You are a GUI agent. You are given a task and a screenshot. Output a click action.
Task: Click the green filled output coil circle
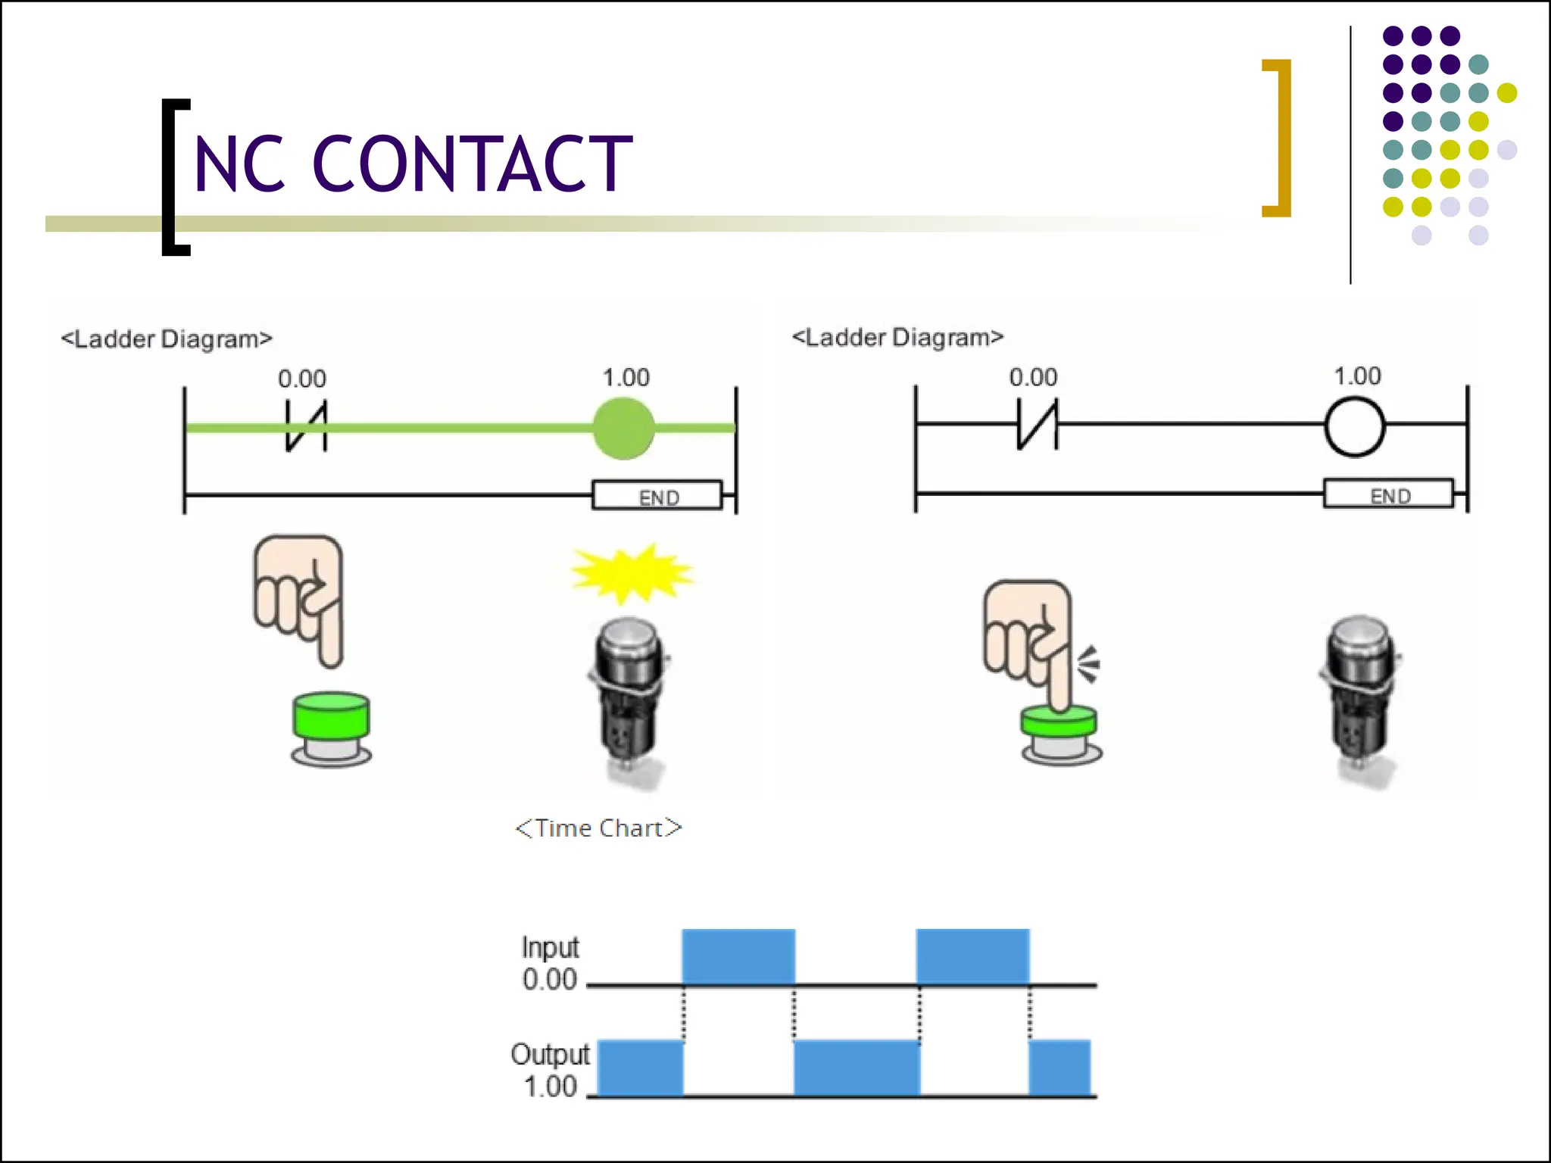coord(623,429)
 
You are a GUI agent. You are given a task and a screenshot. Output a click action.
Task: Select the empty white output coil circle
coord(1355,428)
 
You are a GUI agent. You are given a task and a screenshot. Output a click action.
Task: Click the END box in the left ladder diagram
coord(657,496)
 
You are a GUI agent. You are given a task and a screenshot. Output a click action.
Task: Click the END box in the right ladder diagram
coord(1388,494)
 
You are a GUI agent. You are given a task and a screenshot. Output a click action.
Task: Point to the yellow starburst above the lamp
coord(630,573)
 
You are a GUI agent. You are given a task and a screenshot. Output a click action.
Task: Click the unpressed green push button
coord(331,725)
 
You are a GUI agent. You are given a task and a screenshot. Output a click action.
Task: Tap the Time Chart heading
coord(598,828)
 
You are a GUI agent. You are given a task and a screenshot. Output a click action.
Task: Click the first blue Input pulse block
coord(738,956)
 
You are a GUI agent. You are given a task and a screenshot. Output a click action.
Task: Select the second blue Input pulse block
coord(972,956)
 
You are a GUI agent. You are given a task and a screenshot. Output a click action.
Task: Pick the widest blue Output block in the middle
coord(857,1068)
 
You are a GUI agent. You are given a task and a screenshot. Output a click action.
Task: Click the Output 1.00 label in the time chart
coord(550,1070)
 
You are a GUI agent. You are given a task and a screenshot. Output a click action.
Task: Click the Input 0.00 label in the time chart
coord(550,963)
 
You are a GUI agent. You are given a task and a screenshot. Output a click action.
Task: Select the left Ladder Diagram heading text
coord(167,339)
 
